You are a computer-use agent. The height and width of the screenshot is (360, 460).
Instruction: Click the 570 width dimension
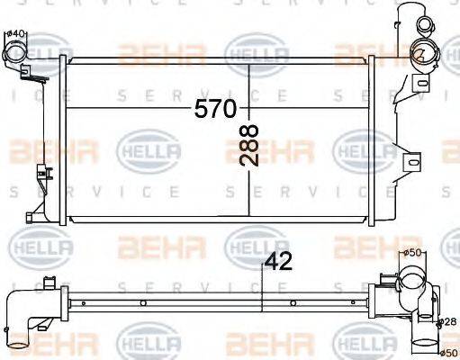tap(216, 109)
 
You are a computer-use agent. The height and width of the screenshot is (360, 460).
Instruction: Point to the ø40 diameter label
tap(15, 34)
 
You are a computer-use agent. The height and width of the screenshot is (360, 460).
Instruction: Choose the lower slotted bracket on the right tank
tap(412, 161)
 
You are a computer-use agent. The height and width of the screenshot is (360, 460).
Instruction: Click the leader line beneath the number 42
tap(261, 288)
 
